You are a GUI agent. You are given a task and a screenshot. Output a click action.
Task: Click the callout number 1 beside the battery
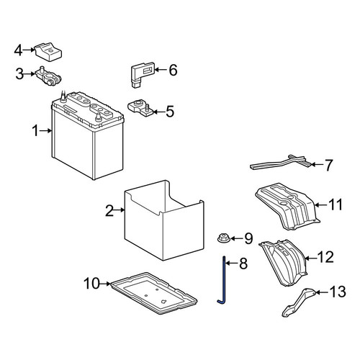35,131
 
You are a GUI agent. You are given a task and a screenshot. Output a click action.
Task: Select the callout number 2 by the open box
109,211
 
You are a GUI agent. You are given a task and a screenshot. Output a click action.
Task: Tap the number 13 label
338,292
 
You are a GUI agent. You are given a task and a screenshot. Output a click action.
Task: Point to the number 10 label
91,284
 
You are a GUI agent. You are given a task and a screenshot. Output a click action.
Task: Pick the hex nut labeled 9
224,239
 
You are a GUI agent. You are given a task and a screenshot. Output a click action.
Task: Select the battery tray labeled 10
153,293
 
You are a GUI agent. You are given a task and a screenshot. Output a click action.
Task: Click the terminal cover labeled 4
49,52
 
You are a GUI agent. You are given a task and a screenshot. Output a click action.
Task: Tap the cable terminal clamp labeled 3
49,76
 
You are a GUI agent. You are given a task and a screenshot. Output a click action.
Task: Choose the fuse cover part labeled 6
142,74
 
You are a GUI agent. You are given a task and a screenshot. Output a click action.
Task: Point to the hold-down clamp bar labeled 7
282,163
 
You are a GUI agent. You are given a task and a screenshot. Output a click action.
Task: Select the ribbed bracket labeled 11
287,207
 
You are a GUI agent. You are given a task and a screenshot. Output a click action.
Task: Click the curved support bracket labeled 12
283,263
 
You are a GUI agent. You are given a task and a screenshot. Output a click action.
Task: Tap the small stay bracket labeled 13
300,302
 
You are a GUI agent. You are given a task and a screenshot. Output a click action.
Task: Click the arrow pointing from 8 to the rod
231,264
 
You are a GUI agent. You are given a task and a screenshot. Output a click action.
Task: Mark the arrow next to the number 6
161,70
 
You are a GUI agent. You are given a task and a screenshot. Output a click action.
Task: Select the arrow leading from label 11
321,205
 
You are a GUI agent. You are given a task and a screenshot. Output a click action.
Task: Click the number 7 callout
328,166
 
